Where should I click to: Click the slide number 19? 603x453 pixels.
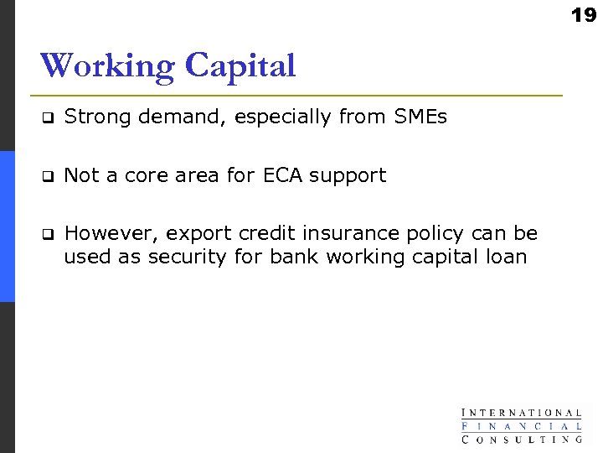[584, 14]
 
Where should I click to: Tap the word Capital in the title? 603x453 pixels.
[240, 66]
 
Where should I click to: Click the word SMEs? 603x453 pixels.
[420, 117]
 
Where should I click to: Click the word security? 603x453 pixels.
[187, 258]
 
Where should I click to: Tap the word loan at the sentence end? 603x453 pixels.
[508, 257]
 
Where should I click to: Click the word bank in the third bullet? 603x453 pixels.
[293, 257]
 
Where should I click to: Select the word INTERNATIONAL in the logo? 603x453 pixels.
[521, 413]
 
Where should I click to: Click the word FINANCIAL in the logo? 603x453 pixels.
[521, 425]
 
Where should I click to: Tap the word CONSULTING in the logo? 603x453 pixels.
[521, 438]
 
